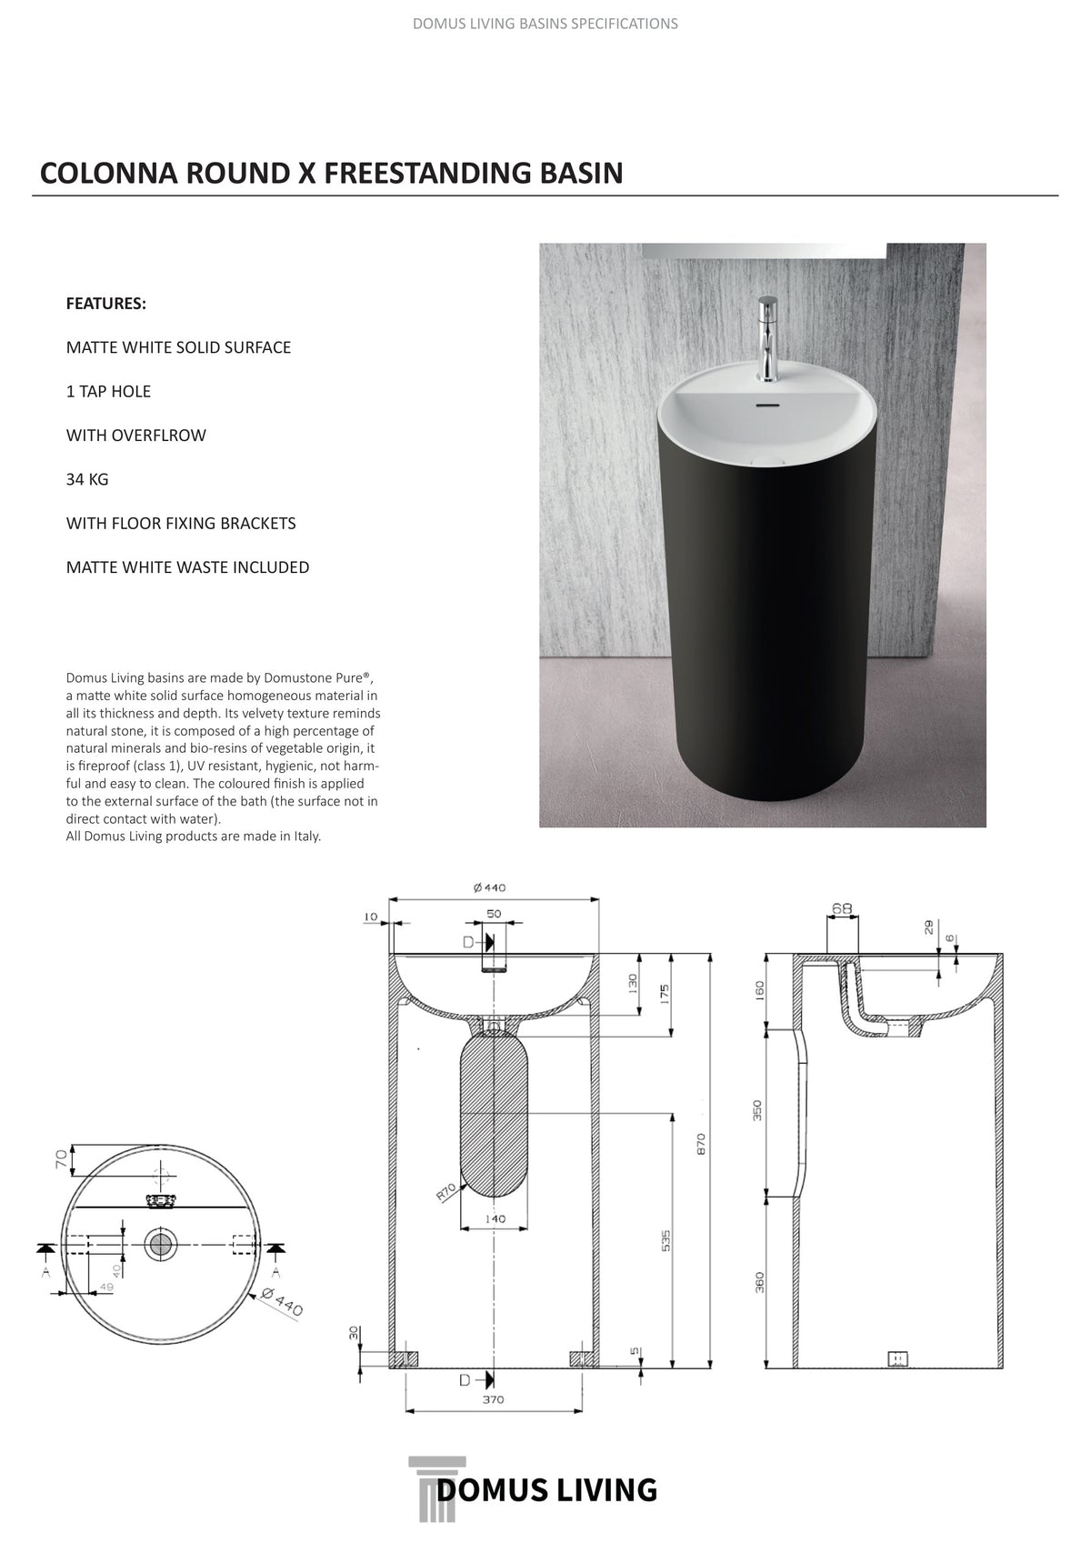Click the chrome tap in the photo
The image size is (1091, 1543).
coord(766,338)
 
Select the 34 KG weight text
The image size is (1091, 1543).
coord(87,479)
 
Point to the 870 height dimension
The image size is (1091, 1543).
coord(701,1144)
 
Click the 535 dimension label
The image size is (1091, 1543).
coord(666,1240)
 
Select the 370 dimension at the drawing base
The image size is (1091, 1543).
coord(493,1399)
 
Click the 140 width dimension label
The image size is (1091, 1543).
coord(495,1218)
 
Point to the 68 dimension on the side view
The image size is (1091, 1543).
coord(842,908)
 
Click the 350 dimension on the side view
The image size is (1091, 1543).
coord(757,1110)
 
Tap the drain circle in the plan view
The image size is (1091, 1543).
coord(161,1243)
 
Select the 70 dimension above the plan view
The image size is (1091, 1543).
coord(61,1159)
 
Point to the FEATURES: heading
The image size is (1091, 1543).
coord(106,304)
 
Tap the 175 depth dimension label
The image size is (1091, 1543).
coord(665,994)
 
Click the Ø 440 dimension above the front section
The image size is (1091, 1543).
coord(490,888)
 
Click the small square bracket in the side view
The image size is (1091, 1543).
coord(897,1358)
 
